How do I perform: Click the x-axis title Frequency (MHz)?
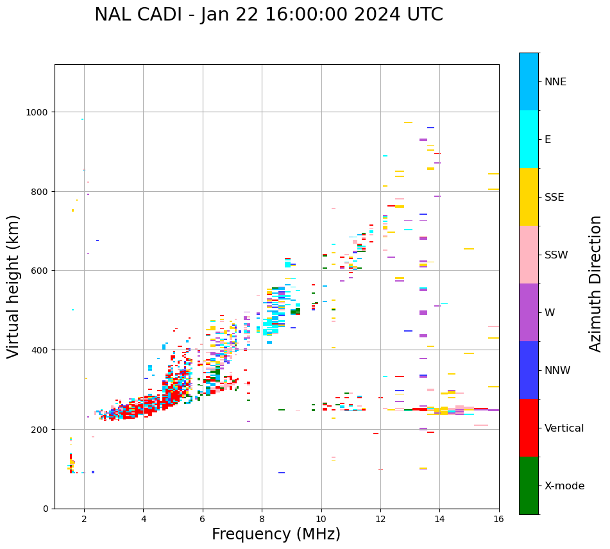(276, 534)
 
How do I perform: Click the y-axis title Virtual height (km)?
(14, 287)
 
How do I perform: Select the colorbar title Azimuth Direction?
(596, 283)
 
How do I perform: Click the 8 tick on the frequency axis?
(262, 519)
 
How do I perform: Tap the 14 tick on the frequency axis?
(439, 519)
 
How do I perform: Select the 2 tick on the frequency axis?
(84, 519)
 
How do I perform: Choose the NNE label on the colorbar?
(555, 82)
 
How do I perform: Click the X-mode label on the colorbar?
(564, 486)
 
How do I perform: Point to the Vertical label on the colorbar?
(564, 428)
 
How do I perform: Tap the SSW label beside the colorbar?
(556, 255)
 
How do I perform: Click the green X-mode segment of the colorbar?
(529, 486)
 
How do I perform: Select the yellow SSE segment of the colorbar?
(529, 197)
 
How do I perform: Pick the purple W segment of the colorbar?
(529, 312)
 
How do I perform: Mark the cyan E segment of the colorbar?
(529, 139)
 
